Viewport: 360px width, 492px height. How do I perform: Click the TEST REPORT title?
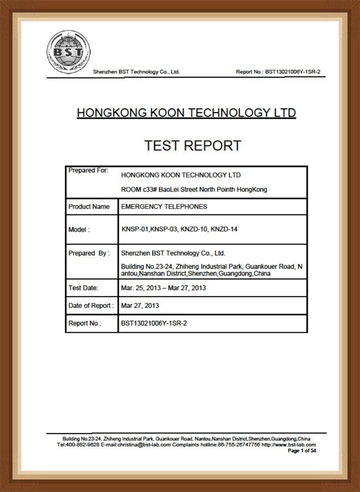click(x=192, y=145)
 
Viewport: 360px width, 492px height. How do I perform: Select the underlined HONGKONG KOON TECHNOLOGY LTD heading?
click(x=186, y=113)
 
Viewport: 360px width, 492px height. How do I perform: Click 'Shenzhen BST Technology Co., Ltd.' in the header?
click(x=136, y=72)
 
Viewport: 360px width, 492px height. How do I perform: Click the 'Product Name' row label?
click(x=89, y=207)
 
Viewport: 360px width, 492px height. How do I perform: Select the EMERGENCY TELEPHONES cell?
click(x=164, y=207)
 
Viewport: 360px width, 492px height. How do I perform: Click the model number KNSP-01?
click(x=135, y=230)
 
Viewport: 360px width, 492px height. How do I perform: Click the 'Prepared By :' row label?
click(x=89, y=253)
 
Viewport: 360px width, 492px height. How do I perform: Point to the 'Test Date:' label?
click(x=83, y=288)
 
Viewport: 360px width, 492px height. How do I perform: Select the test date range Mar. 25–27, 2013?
click(x=164, y=288)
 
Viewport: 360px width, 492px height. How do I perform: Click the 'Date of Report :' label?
click(x=91, y=306)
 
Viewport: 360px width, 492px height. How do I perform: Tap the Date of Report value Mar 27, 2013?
click(x=140, y=306)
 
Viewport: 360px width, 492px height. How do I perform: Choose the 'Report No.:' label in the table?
click(x=85, y=323)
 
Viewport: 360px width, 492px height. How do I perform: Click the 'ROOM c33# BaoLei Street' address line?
click(x=194, y=189)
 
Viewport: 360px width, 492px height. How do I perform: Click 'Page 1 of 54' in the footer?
click(x=302, y=451)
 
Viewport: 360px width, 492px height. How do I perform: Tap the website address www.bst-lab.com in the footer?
click(x=295, y=445)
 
